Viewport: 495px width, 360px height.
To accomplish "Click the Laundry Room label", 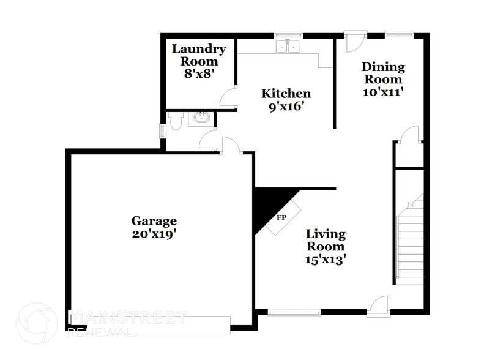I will pyautogui.click(x=198, y=55).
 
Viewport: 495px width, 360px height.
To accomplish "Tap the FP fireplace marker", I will pyautogui.click(x=282, y=218).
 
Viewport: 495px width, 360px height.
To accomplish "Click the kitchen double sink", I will pyautogui.click(x=288, y=47).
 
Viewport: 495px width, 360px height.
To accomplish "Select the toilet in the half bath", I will pyautogui.click(x=176, y=121).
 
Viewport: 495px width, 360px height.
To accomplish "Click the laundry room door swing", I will pyautogui.click(x=229, y=97).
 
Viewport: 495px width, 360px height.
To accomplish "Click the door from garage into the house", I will pyautogui.click(x=231, y=146).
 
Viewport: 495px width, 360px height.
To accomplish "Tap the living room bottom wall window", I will pyautogui.click(x=294, y=312).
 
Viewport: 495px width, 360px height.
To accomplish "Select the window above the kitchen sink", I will pyautogui.click(x=288, y=35).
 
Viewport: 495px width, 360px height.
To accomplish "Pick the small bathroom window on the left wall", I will pyautogui.click(x=162, y=131).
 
